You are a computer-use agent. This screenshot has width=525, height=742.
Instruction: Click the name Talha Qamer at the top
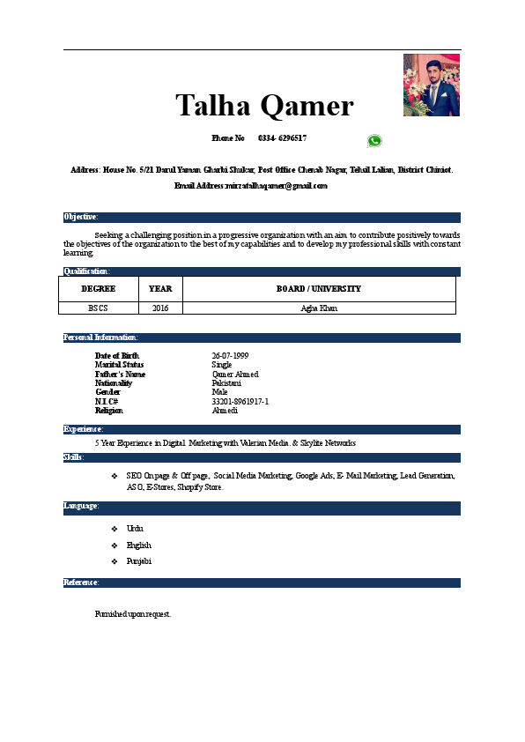tap(264, 106)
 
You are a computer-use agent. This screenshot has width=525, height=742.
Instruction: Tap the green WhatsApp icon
tap(374, 141)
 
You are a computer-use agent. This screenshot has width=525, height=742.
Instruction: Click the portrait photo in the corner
tap(432, 85)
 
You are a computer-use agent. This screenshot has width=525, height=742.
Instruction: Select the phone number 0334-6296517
tap(282, 138)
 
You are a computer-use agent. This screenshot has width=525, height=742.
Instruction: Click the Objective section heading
tap(81, 217)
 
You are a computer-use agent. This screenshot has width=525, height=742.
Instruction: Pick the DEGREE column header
tap(98, 288)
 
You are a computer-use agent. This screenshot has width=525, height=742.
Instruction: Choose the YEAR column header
tap(160, 288)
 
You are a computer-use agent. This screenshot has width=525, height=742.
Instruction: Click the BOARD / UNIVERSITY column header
tap(319, 288)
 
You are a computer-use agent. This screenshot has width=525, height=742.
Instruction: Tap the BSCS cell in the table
tap(98, 308)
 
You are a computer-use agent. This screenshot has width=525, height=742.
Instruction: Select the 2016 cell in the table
tap(160, 308)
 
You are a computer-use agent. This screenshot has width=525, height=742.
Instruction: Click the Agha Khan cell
tap(319, 308)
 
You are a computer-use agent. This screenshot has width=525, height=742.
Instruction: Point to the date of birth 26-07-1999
tap(230, 355)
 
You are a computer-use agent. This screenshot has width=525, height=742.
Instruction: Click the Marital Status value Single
tap(222, 364)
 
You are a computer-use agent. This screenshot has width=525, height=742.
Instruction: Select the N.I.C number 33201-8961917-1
tap(240, 401)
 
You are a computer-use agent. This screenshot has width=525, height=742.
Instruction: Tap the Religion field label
tap(109, 411)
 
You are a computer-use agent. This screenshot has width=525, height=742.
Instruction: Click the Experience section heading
tap(84, 429)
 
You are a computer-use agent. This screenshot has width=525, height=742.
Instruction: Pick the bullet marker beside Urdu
tap(115, 528)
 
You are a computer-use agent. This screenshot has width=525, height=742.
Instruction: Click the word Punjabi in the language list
tap(139, 561)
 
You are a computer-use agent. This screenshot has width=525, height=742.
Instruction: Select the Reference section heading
tap(81, 582)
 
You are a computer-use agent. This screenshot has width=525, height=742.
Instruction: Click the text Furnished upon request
tap(132, 613)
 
